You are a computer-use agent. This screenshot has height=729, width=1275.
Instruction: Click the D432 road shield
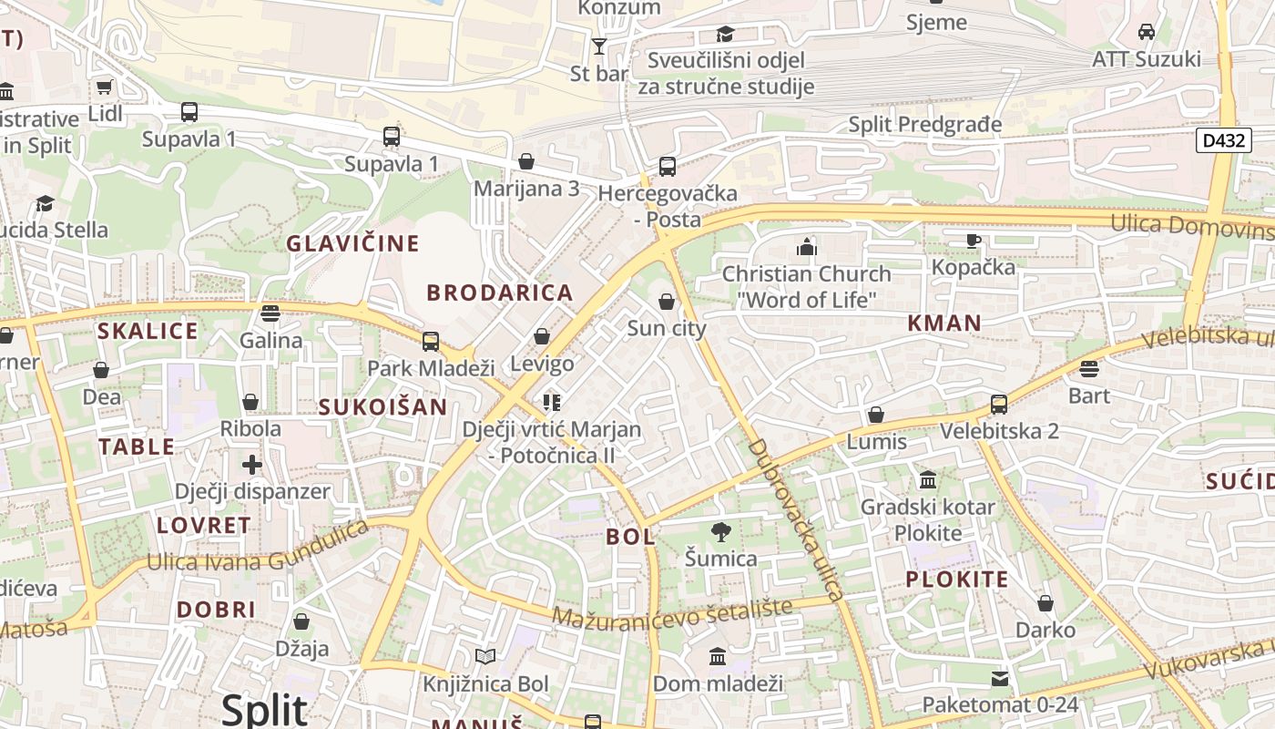[x=1223, y=140]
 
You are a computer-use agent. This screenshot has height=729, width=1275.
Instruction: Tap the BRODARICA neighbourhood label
[x=500, y=293]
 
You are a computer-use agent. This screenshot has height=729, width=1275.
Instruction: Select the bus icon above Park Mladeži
[x=431, y=342]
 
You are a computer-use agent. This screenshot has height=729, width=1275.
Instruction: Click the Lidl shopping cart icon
[x=104, y=87]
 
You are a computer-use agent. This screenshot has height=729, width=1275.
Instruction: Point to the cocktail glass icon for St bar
[x=598, y=46]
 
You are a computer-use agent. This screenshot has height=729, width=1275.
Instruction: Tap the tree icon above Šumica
[x=720, y=531]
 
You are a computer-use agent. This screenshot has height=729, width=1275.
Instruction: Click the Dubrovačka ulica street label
[x=794, y=519]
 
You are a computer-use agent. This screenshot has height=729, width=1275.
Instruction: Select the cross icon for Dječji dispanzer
[x=252, y=465]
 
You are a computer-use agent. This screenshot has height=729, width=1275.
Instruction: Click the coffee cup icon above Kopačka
[x=973, y=241]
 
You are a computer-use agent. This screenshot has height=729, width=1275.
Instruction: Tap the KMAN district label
[x=944, y=323]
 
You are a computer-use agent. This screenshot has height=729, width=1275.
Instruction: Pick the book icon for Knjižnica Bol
[x=485, y=656]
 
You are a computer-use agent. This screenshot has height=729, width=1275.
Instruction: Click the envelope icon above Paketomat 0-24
[x=1000, y=678]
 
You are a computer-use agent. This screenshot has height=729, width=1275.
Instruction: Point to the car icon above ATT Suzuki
[x=1147, y=32]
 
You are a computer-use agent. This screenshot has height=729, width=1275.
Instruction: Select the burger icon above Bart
[x=1089, y=369]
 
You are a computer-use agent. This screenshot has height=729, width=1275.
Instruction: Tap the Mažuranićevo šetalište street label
[x=671, y=612]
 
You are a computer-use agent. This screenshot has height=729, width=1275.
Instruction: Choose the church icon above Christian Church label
[x=806, y=246]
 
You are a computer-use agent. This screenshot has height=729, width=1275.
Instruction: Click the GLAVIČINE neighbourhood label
[x=352, y=243]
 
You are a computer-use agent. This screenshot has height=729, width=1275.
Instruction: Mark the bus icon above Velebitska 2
[x=999, y=404]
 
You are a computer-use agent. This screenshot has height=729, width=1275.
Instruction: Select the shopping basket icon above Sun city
[x=667, y=302]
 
